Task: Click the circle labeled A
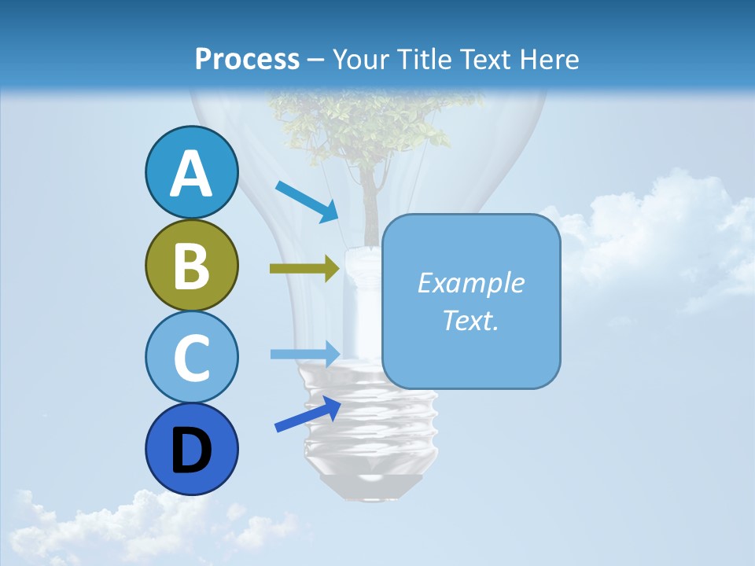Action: pyautogui.click(x=191, y=172)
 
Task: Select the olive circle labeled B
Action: pyautogui.click(x=191, y=265)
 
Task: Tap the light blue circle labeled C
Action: pyautogui.click(x=191, y=357)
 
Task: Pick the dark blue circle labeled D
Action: pyautogui.click(x=191, y=449)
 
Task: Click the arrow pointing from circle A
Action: pyautogui.click(x=307, y=201)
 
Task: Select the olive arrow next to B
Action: pyautogui.click(x=304, y=269)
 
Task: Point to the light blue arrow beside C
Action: pyautogui.click(x=305, y=354)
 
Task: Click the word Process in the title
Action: pyautogui.click(x=247, y=59)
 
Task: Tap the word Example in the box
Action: pyautogui.click(x=470, y=283)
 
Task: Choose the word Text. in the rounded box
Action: pyautogui.click(x=470, y=320)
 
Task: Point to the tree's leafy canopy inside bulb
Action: pyautogui.click(x=362, y=126)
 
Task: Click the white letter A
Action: pyautogui.click(x=191, y=174)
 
